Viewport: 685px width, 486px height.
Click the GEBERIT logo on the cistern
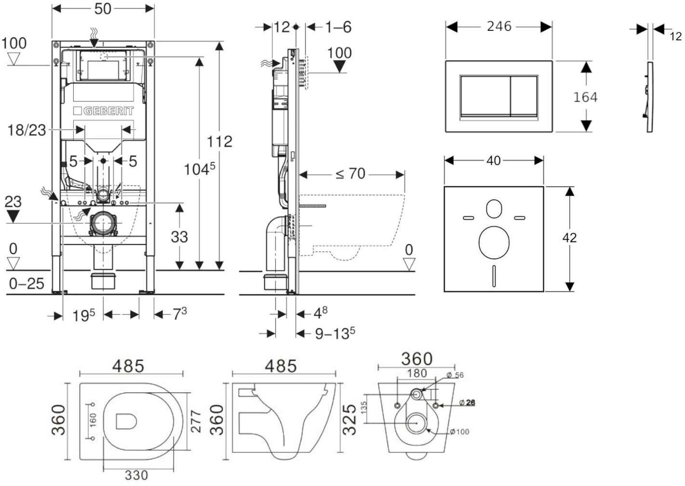click(103, 111)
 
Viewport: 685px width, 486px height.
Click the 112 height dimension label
click(219, 142)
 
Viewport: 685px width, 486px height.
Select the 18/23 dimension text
click(27, 130)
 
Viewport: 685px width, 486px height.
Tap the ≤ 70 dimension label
click(350, 174)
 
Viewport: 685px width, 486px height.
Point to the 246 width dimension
click(499, 27)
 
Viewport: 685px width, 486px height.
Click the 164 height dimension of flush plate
click(585, 97)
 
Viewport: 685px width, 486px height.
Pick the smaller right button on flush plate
click(524, 96)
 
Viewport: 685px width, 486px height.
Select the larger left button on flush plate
click(485, 96)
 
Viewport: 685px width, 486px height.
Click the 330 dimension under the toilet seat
click(136, 475)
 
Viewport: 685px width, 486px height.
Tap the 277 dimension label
click(196, 421)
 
